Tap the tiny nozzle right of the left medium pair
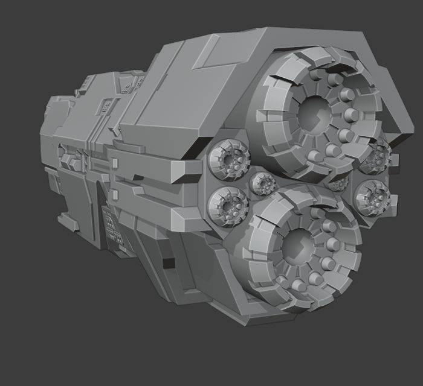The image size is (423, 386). coord(263,182)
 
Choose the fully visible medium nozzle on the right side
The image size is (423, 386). coord(371,197)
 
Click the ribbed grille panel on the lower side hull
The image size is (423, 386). coord(112,226)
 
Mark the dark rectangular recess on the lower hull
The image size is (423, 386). coord(167,263)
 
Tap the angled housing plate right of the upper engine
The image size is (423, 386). coord(387,90)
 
